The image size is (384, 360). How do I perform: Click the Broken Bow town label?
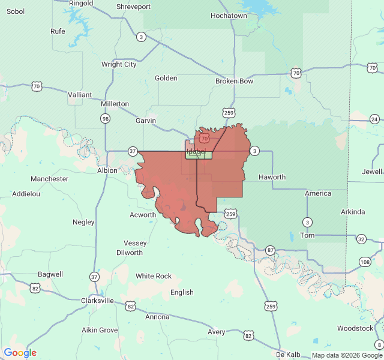(234, 81)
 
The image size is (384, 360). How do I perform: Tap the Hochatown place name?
(229, 16)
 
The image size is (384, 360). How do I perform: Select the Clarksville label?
(97, 301)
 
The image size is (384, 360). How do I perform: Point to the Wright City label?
(119, 64)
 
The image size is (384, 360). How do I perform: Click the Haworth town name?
(272, 177)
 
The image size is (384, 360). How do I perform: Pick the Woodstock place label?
(355, 328)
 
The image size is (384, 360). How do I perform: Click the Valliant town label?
(80, 95)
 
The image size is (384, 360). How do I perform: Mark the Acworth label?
(143, 215)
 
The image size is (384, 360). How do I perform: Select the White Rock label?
(154, 276)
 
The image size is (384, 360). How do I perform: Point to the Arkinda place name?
(352, 212)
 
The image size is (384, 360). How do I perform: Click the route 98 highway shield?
(106, 119)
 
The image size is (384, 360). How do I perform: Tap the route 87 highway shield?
(271, 250)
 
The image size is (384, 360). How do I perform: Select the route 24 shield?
(374, 119)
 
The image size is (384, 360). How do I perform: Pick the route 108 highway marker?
(365, 262)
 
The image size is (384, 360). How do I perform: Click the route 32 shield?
(361, 239)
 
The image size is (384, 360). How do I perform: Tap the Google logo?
(20, 353)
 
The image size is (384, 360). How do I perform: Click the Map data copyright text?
(347, 355)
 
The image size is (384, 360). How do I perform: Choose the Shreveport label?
(133, 7)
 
